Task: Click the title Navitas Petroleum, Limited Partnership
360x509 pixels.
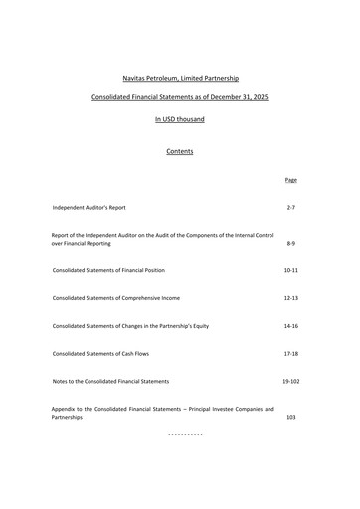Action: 179,78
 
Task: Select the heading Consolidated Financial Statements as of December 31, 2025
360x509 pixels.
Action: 179,98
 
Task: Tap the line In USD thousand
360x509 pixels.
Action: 179,119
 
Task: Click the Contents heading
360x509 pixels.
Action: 179,151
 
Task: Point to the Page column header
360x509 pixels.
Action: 290,180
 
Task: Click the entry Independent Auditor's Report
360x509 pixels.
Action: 90,207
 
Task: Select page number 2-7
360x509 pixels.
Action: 290,207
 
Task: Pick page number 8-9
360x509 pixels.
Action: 290,243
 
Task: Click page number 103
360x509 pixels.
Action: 290,418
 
